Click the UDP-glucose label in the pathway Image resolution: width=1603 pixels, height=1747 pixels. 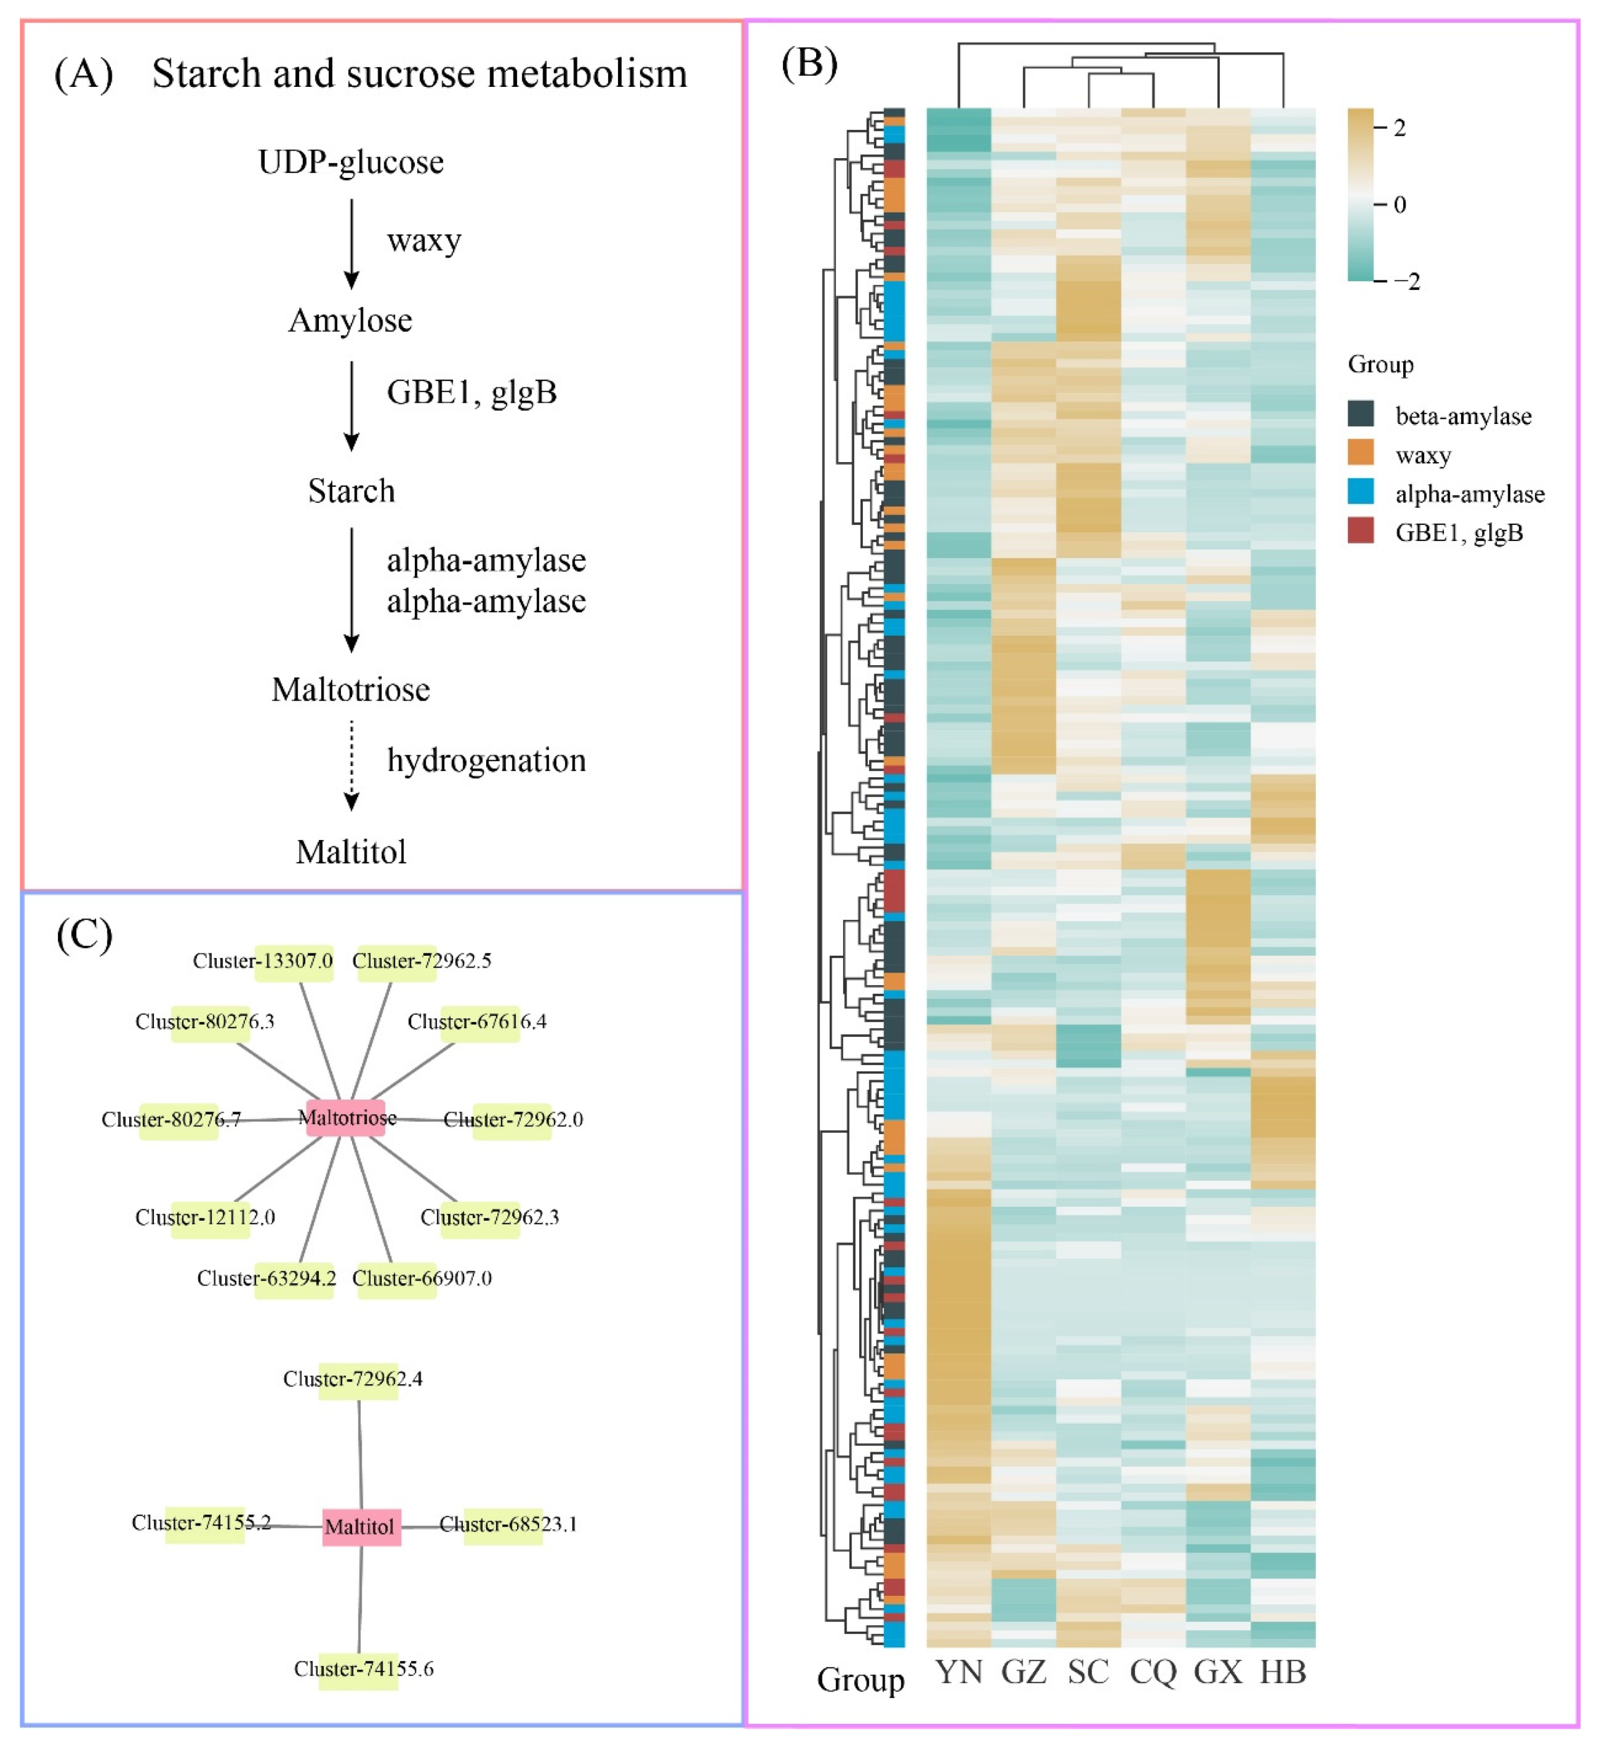[x=351, y=162]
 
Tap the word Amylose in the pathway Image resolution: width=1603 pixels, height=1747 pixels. [x=351, y=321]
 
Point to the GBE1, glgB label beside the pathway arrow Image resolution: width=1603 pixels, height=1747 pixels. [x=471, y=392]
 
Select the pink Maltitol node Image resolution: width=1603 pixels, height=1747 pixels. [x=361, y=1527]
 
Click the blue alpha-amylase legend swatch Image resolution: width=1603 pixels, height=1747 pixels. [x=1360, y=492]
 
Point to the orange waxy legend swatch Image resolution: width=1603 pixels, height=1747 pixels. [x=1360, y=453]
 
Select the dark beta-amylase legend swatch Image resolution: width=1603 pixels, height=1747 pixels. [x=1360, y=414]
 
